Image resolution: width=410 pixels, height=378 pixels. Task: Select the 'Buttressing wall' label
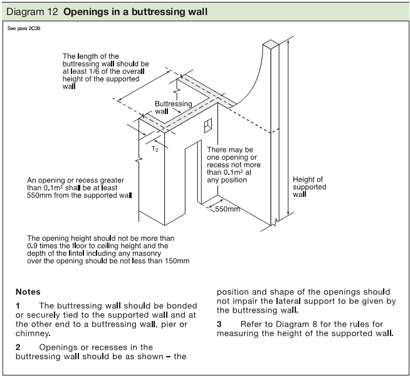pos(168,107)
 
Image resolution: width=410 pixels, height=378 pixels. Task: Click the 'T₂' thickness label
pos(155,149)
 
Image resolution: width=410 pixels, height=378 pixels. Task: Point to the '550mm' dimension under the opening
pos(227,209)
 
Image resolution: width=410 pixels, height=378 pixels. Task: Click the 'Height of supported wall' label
pos(309,187)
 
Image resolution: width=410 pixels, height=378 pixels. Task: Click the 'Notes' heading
pos(28,291)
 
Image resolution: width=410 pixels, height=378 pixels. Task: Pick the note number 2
pos(18,347)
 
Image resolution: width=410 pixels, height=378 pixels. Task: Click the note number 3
pos(219,323)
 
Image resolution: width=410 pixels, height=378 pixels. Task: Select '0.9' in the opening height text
pos(33,246)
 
